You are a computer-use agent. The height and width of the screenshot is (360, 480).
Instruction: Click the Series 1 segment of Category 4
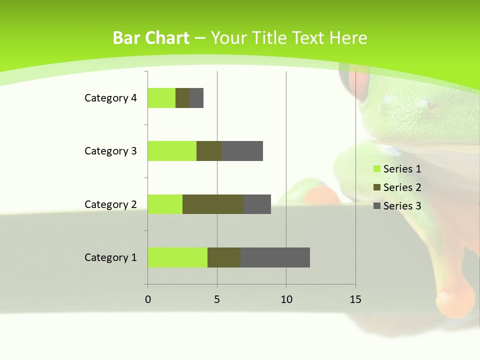pyautogui.click(x=161, y=98)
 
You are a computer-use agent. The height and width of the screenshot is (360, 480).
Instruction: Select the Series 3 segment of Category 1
pyautogui.click(x=275, y=257)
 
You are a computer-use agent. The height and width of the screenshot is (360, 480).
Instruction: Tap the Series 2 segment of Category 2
pyautogui.click(x=213, y=204)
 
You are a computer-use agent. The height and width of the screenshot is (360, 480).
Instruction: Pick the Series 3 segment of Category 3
pyautogui.click(x=242, y=151)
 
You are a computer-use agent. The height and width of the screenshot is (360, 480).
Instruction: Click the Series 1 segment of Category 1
pyautogui.click(x=177, y=257)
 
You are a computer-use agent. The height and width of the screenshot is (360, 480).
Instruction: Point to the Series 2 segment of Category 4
pyautogui.click(x=182, y=98)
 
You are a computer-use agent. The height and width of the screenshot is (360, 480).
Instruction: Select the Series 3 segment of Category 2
pyautogui.click(x=257, y=204)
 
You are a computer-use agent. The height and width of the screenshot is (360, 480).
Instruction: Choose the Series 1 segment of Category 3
pyautogui.click(x=172, y=151)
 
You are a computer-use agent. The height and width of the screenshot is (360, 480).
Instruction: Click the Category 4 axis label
pyautogui.click(x=110, y=98)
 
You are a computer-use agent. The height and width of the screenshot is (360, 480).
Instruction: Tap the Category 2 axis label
pyautogui.click(x=110, y=204)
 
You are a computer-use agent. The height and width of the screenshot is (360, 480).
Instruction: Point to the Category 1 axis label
pyautogui.click(x=110, y=257)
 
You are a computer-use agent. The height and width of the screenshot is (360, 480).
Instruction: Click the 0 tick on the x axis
pyautogui.click(x=148, y=299)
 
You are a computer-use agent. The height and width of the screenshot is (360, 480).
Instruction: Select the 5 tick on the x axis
pyautogui.click(x=217, y=299)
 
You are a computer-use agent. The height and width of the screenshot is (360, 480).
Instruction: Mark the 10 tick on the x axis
pyautogui.click(x=286, y=299)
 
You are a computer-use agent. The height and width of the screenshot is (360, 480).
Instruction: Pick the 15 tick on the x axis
pyautogui.click(x=355, y=299)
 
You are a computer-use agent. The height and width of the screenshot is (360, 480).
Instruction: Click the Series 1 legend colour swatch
pyautogui.click(x=376, y=169)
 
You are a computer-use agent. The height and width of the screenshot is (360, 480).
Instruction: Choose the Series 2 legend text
pyautogui.click(x=402, y=187)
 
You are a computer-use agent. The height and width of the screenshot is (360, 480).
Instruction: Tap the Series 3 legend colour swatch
pyautogui.click(x=376, y=206)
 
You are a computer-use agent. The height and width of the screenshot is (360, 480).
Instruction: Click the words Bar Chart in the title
pyautogui.click(x=151, y=38)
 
